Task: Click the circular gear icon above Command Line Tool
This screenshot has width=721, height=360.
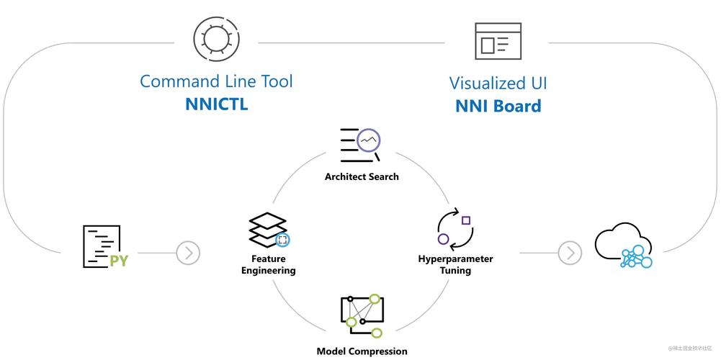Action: pos(216,37)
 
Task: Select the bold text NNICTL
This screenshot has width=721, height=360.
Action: pos(216,105)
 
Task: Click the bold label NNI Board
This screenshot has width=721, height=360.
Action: pos(498,107)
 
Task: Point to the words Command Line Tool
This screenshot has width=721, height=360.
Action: pos(216,81)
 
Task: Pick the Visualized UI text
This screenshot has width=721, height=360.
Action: pos(498,84)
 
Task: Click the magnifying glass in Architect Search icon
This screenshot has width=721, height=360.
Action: pos(369,140)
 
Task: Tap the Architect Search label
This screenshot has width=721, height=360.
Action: pos(361,176)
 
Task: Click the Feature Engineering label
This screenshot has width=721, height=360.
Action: pos(269,264)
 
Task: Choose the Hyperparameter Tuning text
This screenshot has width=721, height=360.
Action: pos(455,264)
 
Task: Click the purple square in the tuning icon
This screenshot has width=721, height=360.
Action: pos(466,220)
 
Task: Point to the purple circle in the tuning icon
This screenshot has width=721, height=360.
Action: pos(444,239)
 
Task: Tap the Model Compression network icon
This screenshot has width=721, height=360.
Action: pos(362,315)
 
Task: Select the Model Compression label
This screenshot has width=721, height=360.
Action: pos(362,351)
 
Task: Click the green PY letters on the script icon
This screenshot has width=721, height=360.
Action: pos(118,260)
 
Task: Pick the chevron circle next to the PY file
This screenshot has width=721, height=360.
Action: pos(188,253)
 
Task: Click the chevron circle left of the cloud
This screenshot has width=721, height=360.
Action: pos(570,253)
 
